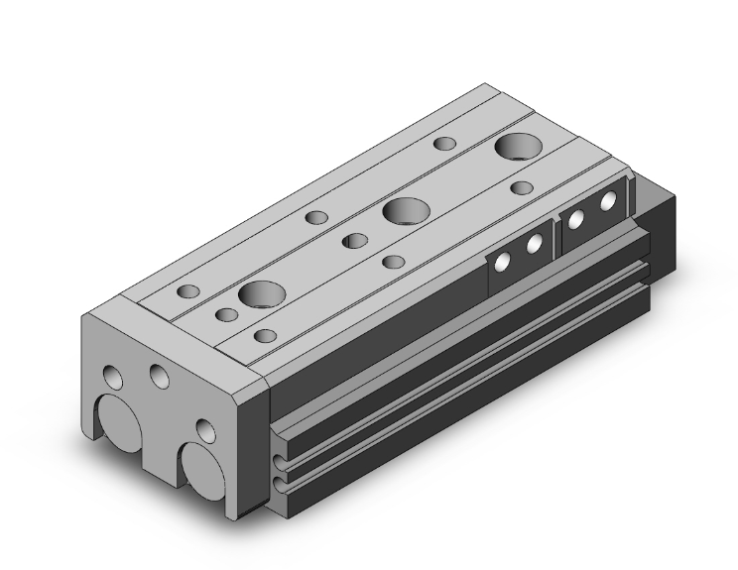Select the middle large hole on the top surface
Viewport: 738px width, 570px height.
(405, 211)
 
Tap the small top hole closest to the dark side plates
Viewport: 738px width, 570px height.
(523, 187)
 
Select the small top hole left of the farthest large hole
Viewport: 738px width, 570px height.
(445, 144)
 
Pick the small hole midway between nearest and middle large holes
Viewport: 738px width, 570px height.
(354, 240)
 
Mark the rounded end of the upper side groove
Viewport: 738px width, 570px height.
(277, 457)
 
